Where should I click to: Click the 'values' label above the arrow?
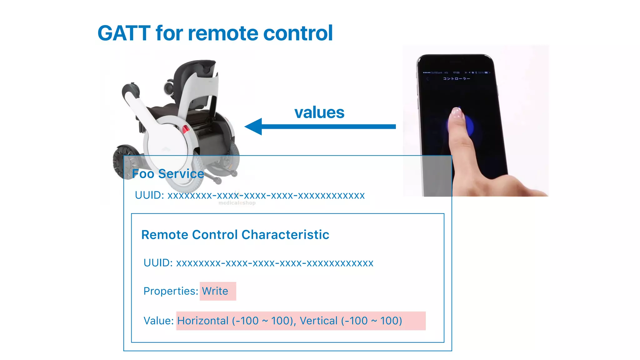coord(319,112)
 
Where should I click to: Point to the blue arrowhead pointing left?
coord(254,127)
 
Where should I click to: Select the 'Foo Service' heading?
coord(168,174)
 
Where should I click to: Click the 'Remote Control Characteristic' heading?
coord(235,235)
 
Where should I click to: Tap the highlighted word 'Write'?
coord(215,291)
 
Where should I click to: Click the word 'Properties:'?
coord(171,291)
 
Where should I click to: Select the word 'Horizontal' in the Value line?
coord(203,321)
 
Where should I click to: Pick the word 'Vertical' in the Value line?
coord(319,321)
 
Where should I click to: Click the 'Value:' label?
coord(158,321)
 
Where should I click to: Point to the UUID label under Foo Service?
coord(149,195)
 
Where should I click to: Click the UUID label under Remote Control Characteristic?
coord(158,263)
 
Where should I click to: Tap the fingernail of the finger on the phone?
coord(457,112)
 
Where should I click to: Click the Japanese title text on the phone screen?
coord(456,78)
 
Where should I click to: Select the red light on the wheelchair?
coord(186,129)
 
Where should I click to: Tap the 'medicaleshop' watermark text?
coord(237,203)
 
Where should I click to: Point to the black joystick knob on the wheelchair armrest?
coord(129,89)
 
